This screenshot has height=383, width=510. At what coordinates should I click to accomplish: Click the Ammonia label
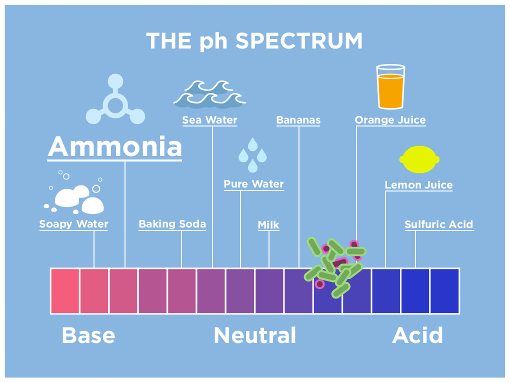coord(115,146)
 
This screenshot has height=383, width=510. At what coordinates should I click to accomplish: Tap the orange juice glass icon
coord(390,86)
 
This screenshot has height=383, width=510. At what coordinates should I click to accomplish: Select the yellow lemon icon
coord(419,159)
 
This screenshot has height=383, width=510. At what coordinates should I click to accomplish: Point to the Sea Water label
coord(209,120)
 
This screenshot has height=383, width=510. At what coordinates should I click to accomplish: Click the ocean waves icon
coord(209,94)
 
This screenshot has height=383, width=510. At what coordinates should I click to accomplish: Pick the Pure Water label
coord(253,184)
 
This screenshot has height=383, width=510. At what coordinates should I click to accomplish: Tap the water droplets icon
coord(252,155)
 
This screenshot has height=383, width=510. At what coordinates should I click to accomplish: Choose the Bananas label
coord(298,120)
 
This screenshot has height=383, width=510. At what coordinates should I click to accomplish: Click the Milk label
coord(268,224)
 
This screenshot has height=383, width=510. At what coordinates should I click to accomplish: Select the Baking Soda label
coord(172,224)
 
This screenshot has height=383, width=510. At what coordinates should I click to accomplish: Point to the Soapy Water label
coord(73,224)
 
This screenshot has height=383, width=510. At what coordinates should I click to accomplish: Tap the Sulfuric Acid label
coord(439,224)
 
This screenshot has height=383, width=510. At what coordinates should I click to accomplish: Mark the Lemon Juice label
coord(418,185)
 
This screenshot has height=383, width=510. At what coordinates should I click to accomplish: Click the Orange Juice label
coord(390,120)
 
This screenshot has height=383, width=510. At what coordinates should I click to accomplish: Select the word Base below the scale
coord(88,335)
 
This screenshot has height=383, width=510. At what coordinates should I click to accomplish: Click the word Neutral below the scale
coord(255,335)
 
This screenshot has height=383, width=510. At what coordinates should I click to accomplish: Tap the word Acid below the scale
coord(417,335)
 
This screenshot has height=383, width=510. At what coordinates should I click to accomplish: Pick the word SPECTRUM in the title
coord(299,41)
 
